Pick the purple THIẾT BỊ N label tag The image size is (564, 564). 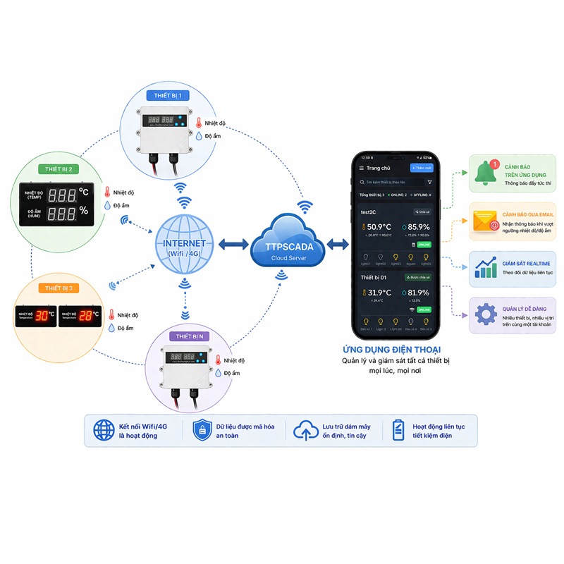(x=188, y=336)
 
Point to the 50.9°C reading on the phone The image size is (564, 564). (x=380, y=227)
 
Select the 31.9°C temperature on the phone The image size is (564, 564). (x=380, y=293)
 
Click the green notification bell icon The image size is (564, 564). (x=486, y=173)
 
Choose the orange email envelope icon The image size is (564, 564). (x=486, y=221)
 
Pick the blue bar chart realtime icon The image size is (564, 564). (x=486, y=269)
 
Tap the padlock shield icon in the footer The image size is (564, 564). (x=202, y=429)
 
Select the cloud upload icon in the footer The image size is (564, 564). (x=304, y=430)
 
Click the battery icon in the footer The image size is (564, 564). (x=398, y=429)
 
